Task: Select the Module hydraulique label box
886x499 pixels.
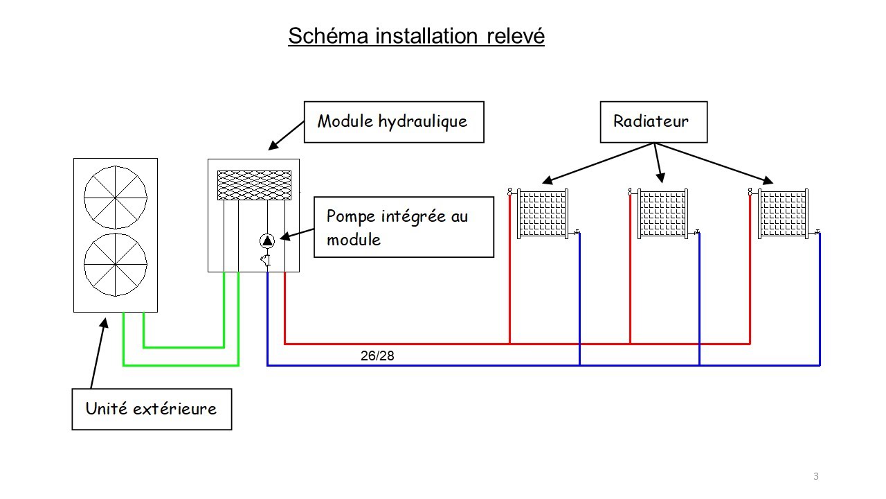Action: point(394,122)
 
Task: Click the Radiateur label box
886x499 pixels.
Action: point(654,122)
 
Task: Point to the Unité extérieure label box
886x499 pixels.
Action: point(152,409)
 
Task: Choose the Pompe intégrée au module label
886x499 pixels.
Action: point(404,227)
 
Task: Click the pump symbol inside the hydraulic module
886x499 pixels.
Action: point(267,240)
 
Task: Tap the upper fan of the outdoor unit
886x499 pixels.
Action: point(116,198)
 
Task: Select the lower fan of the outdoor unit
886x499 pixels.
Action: point(116,264)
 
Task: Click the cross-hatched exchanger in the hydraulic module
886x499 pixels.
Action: point(254,185)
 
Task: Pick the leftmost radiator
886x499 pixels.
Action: point(543,214)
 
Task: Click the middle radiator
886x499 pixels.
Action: point(663,214)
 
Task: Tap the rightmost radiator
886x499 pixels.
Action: point(783,214)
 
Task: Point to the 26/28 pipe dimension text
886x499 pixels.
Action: point(377,356)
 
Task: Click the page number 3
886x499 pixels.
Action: point(816,476)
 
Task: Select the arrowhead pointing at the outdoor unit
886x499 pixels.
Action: point(104,323)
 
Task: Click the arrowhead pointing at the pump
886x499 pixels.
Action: point(284,237)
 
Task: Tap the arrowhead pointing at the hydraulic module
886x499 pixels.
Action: point(273,146)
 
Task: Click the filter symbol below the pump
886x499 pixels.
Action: point(265,260)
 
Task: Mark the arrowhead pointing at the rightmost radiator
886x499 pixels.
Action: point(768,181)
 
